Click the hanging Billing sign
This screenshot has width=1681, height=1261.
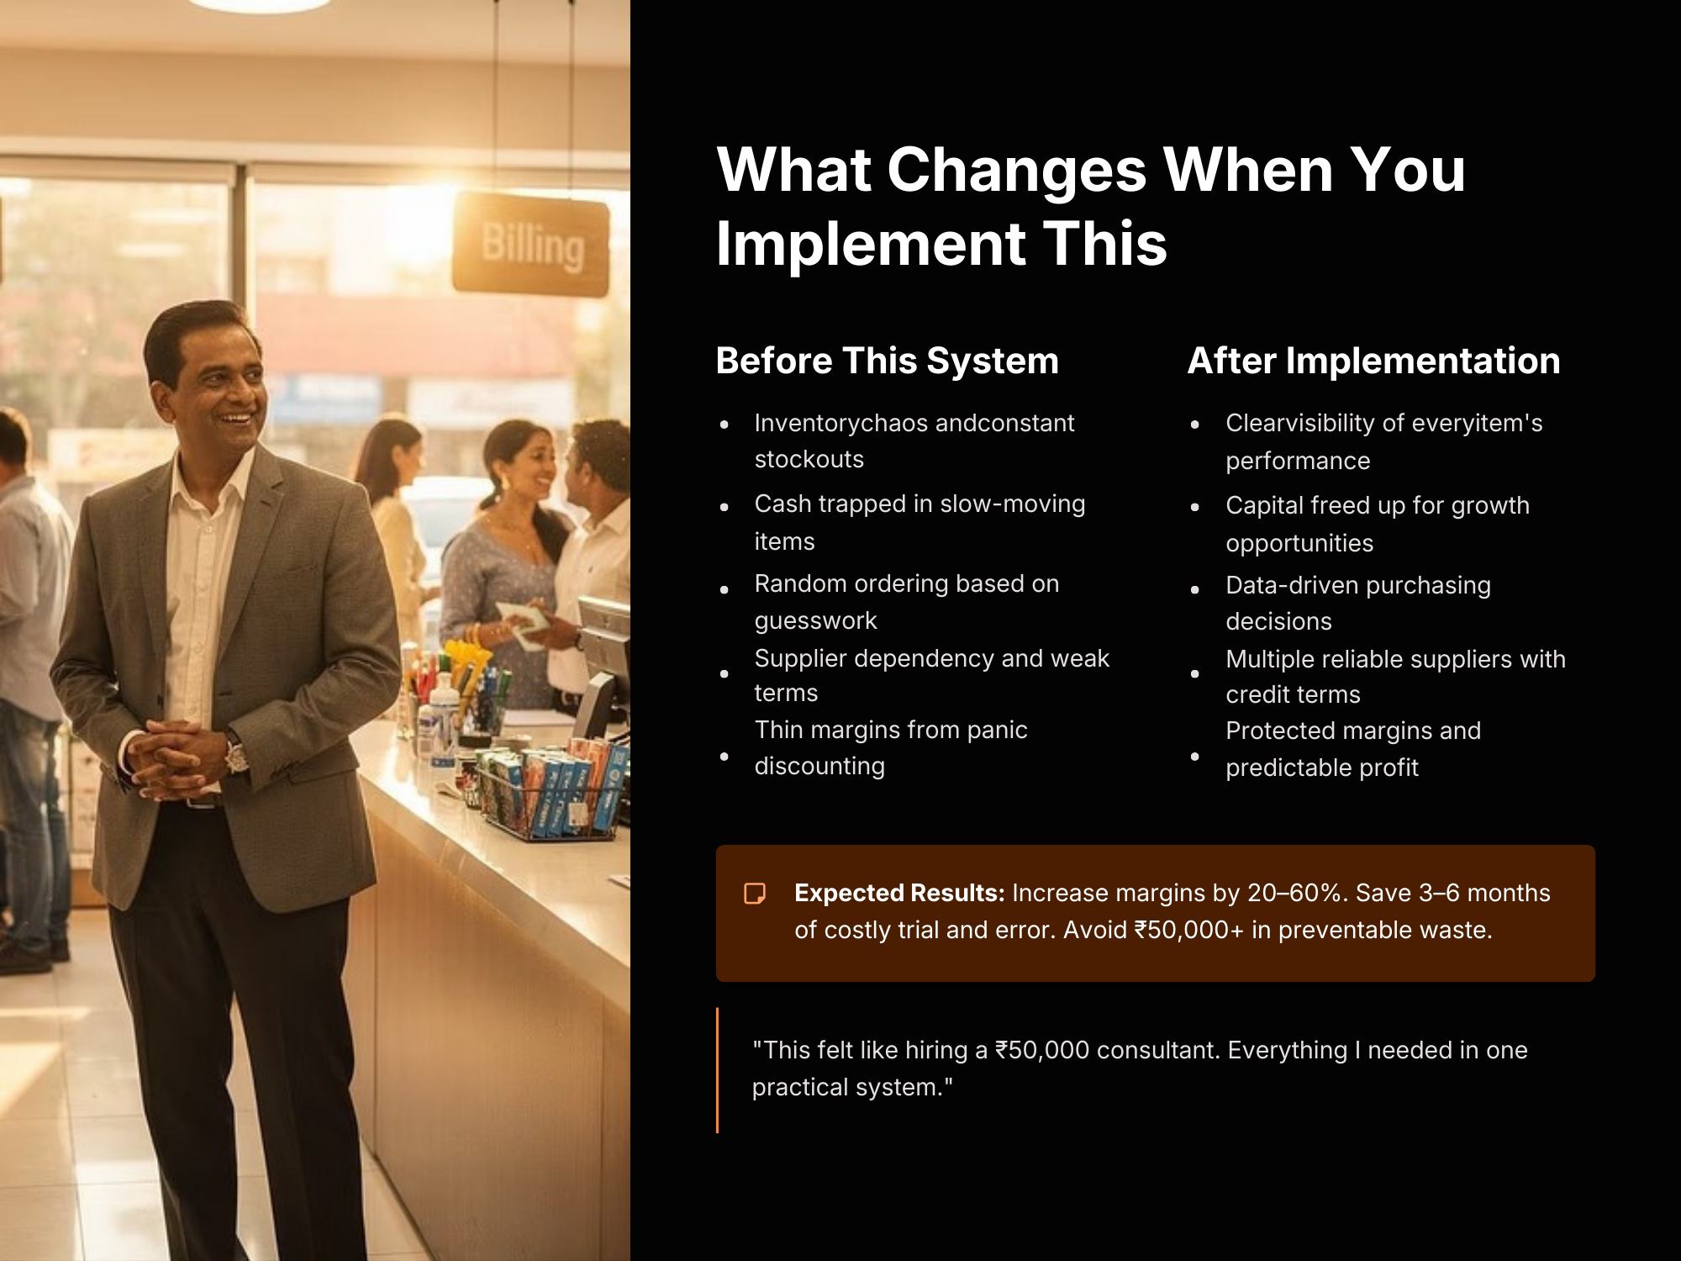[x=530, y=245]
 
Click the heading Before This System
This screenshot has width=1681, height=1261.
[x=887, y=361]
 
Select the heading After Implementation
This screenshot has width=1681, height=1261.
[x=1373, y=361]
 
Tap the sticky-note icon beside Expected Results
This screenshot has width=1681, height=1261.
[x=755, y=893]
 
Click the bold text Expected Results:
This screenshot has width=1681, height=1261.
[x=899, y=893]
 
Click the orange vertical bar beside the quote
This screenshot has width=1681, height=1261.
[x=717, y=1070]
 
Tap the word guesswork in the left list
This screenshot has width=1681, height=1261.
[x=815, y=620]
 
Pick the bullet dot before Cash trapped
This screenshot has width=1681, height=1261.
[x=725, y=507]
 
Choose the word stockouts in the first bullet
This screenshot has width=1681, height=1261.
[x=809, y=459]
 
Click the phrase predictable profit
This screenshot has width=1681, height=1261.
[x=1322, y=768]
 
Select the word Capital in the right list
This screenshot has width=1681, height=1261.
[x=1265, y=506]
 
